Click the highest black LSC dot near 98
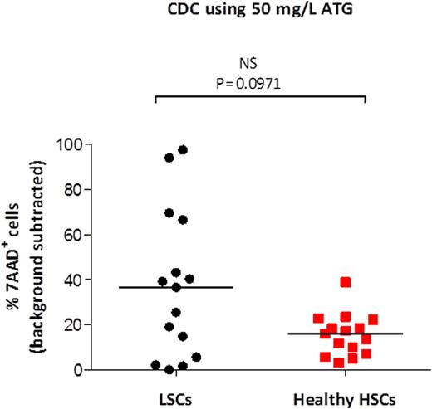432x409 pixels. coord(183,150)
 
